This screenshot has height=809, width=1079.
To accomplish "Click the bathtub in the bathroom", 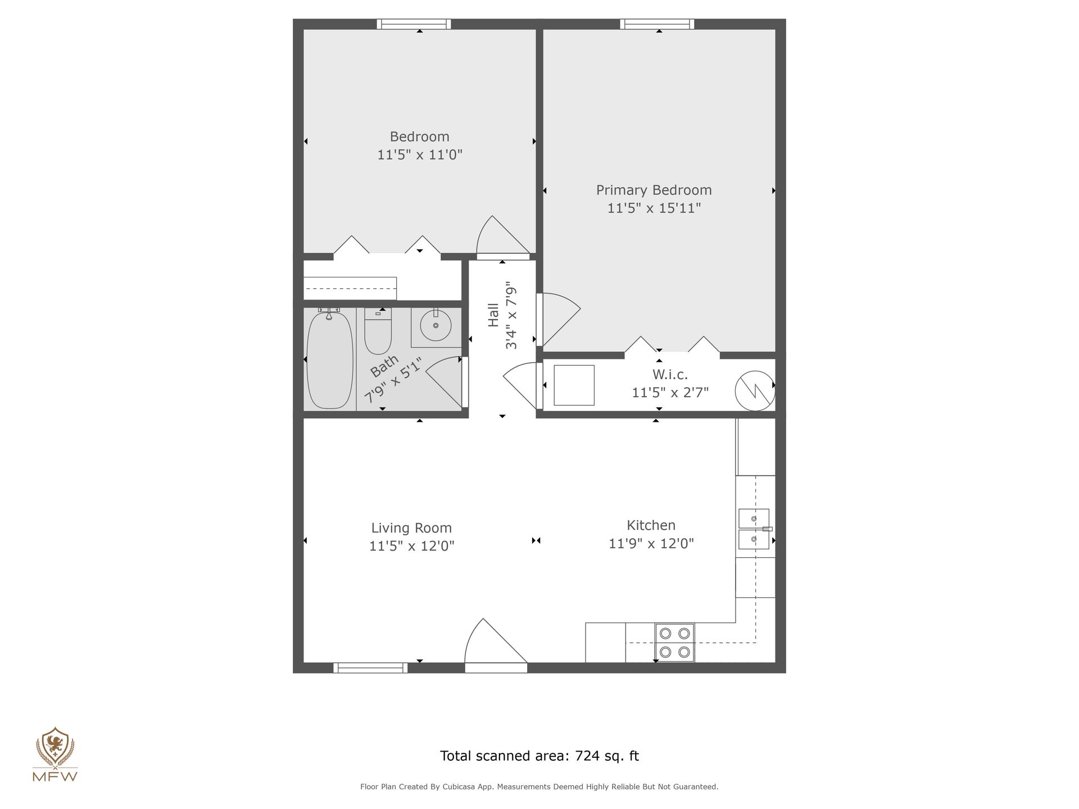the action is [330, 360].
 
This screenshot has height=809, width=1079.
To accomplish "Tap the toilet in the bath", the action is [378, 331].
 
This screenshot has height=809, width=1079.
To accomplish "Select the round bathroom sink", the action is [436, 325].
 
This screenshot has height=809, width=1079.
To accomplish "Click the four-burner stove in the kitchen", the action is [674, 643].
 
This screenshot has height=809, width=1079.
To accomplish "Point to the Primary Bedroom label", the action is [654, 190].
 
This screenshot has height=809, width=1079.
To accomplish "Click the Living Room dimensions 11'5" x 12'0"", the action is [412, 546].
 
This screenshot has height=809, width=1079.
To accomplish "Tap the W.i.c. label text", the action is [670, 374].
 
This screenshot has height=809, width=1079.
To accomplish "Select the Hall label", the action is [493, 315].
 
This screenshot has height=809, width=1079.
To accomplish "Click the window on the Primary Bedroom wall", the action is [657, 24].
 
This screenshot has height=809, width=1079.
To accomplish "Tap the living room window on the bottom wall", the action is [370, 668].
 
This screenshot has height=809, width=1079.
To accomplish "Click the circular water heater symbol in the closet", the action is [755, 390].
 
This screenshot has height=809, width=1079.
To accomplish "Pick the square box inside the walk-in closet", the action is [574, 385].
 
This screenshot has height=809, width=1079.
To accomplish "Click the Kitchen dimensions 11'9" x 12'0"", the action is [651, 543].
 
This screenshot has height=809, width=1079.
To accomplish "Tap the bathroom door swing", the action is [445, 382].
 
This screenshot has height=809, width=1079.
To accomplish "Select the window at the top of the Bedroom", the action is [414, 24].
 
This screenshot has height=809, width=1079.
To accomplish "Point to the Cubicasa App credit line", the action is [539, 787].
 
